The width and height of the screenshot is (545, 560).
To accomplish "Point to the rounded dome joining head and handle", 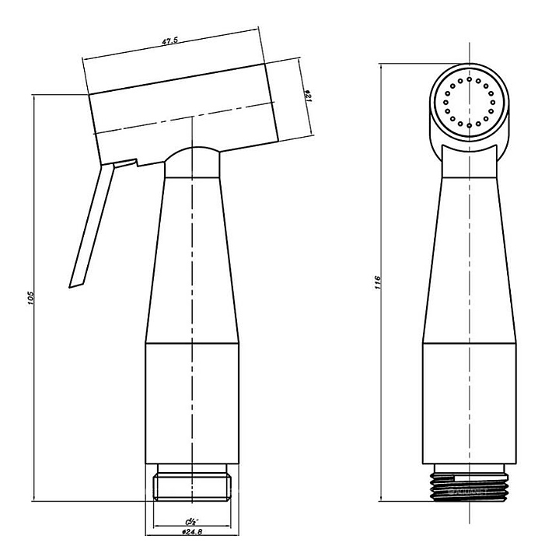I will [192, 159].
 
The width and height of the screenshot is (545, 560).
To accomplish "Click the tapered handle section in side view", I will [191, 257].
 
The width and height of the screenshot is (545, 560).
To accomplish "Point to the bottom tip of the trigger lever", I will [75, 284].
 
